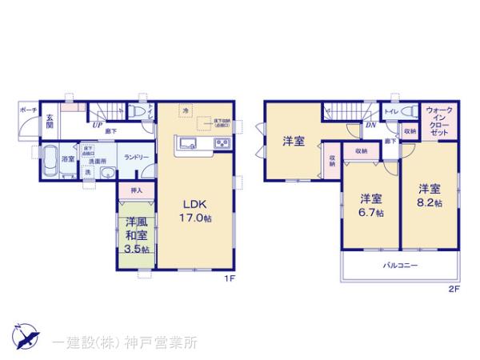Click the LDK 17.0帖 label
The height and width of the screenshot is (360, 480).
[195, 210]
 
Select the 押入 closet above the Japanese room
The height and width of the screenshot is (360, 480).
[137, 190]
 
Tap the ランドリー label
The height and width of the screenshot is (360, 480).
[133, 158]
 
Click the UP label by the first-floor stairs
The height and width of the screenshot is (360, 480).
[96, 125]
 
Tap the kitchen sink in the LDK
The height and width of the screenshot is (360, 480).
[189, 144]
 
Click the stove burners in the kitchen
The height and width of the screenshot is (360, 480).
[220, 144]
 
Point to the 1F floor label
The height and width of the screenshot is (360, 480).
[228, 279]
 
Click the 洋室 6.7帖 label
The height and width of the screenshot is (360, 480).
[370, 205]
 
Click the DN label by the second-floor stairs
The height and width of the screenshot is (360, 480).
[370, 125]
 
